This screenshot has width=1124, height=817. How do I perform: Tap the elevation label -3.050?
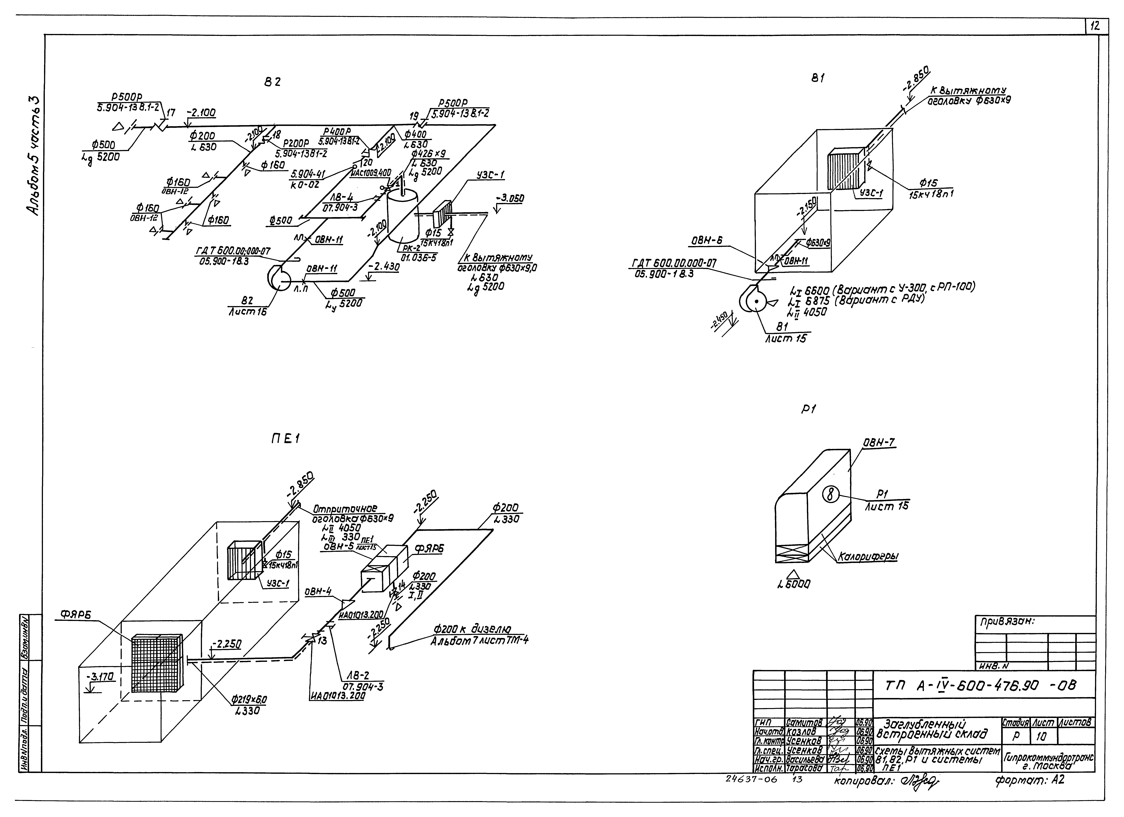tap(510, 199)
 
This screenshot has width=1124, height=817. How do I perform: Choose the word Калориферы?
tap(868, 557)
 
